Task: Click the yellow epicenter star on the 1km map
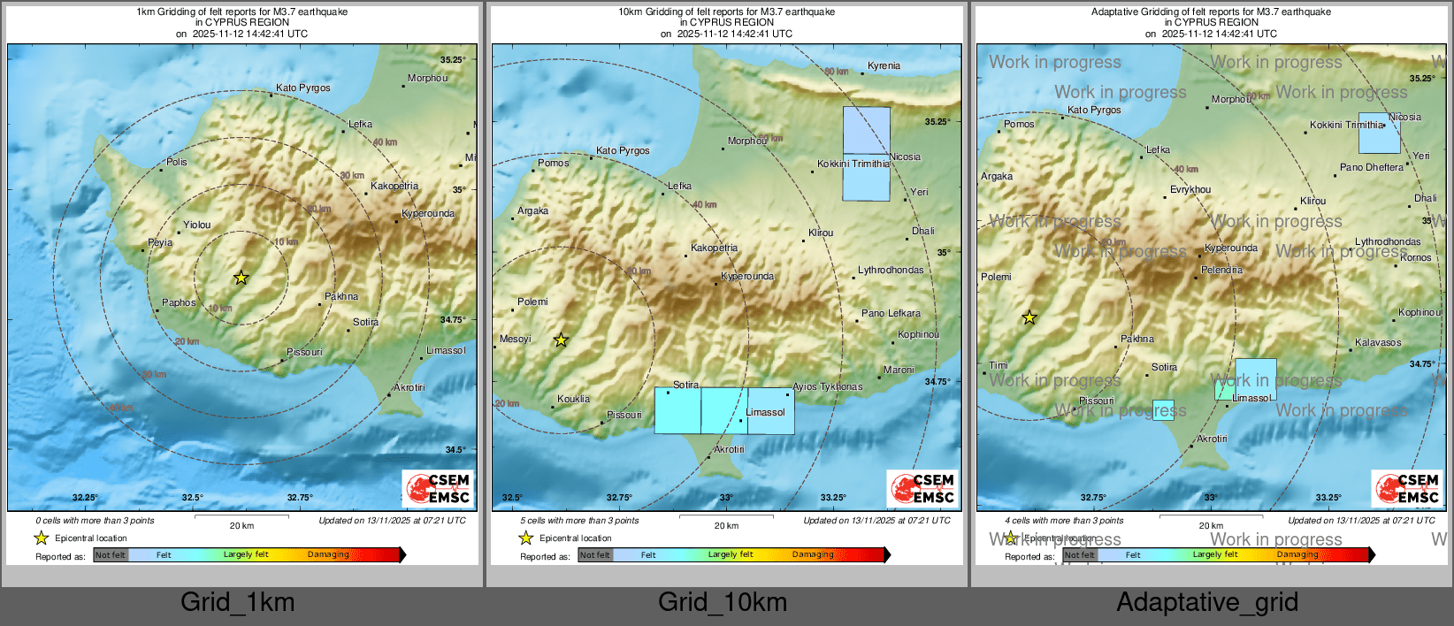pos(241,278)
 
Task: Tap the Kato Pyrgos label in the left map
pos(302,88)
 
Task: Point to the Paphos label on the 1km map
pos(179,302)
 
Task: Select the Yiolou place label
pos(196,225)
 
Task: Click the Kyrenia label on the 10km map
pos(884,65)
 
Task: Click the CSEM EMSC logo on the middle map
pos(922,488)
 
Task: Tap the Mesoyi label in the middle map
pos(516,339)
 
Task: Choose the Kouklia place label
pos(573,399)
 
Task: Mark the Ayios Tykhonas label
pos(827,386)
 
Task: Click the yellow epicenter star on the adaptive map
pos(1029,317)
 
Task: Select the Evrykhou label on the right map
pos(1190,189)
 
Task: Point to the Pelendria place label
pos(1221,270)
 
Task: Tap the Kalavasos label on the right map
pos(1378,342)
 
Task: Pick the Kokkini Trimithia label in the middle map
pos(853,164)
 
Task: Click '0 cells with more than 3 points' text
pos(95,520)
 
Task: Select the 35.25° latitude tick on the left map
pos(453,59)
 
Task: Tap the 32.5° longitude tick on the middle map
pos(512,497)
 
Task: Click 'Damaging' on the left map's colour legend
pos(328,554)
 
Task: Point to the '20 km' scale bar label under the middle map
pos(726,525)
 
